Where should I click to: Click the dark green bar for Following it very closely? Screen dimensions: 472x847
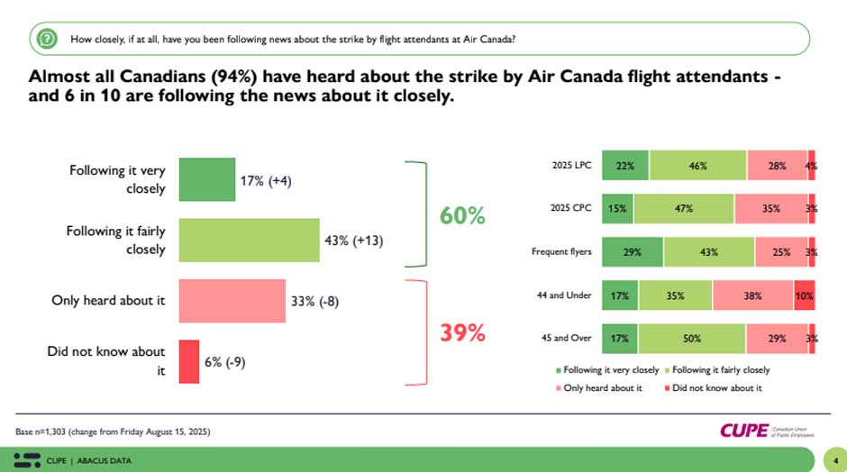[x=206, y=178]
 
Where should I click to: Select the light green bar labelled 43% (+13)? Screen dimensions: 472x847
[x=249, y=240]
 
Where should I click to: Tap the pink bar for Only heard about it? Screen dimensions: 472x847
[x=232, y=301]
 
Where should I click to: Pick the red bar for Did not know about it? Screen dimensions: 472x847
[x=188, y=362]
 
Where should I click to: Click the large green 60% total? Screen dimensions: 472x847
[x=462, y=216]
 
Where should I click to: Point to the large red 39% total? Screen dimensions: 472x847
[x=462, y=333]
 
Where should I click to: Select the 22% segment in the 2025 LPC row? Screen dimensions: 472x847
[x=624, y=166]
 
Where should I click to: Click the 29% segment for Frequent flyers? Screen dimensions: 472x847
[x=632, y=251]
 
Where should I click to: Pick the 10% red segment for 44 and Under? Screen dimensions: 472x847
[x=804, y=295]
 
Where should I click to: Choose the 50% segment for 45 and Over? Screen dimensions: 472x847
[x=691, y=338]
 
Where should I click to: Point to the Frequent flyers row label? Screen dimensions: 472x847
[x=560, y=251]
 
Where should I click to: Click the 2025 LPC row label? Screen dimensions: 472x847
[x=572, y=166]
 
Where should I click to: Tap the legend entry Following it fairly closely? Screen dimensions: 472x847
[x=717, y=370]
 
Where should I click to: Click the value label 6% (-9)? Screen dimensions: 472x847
[x=224, y=362]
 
